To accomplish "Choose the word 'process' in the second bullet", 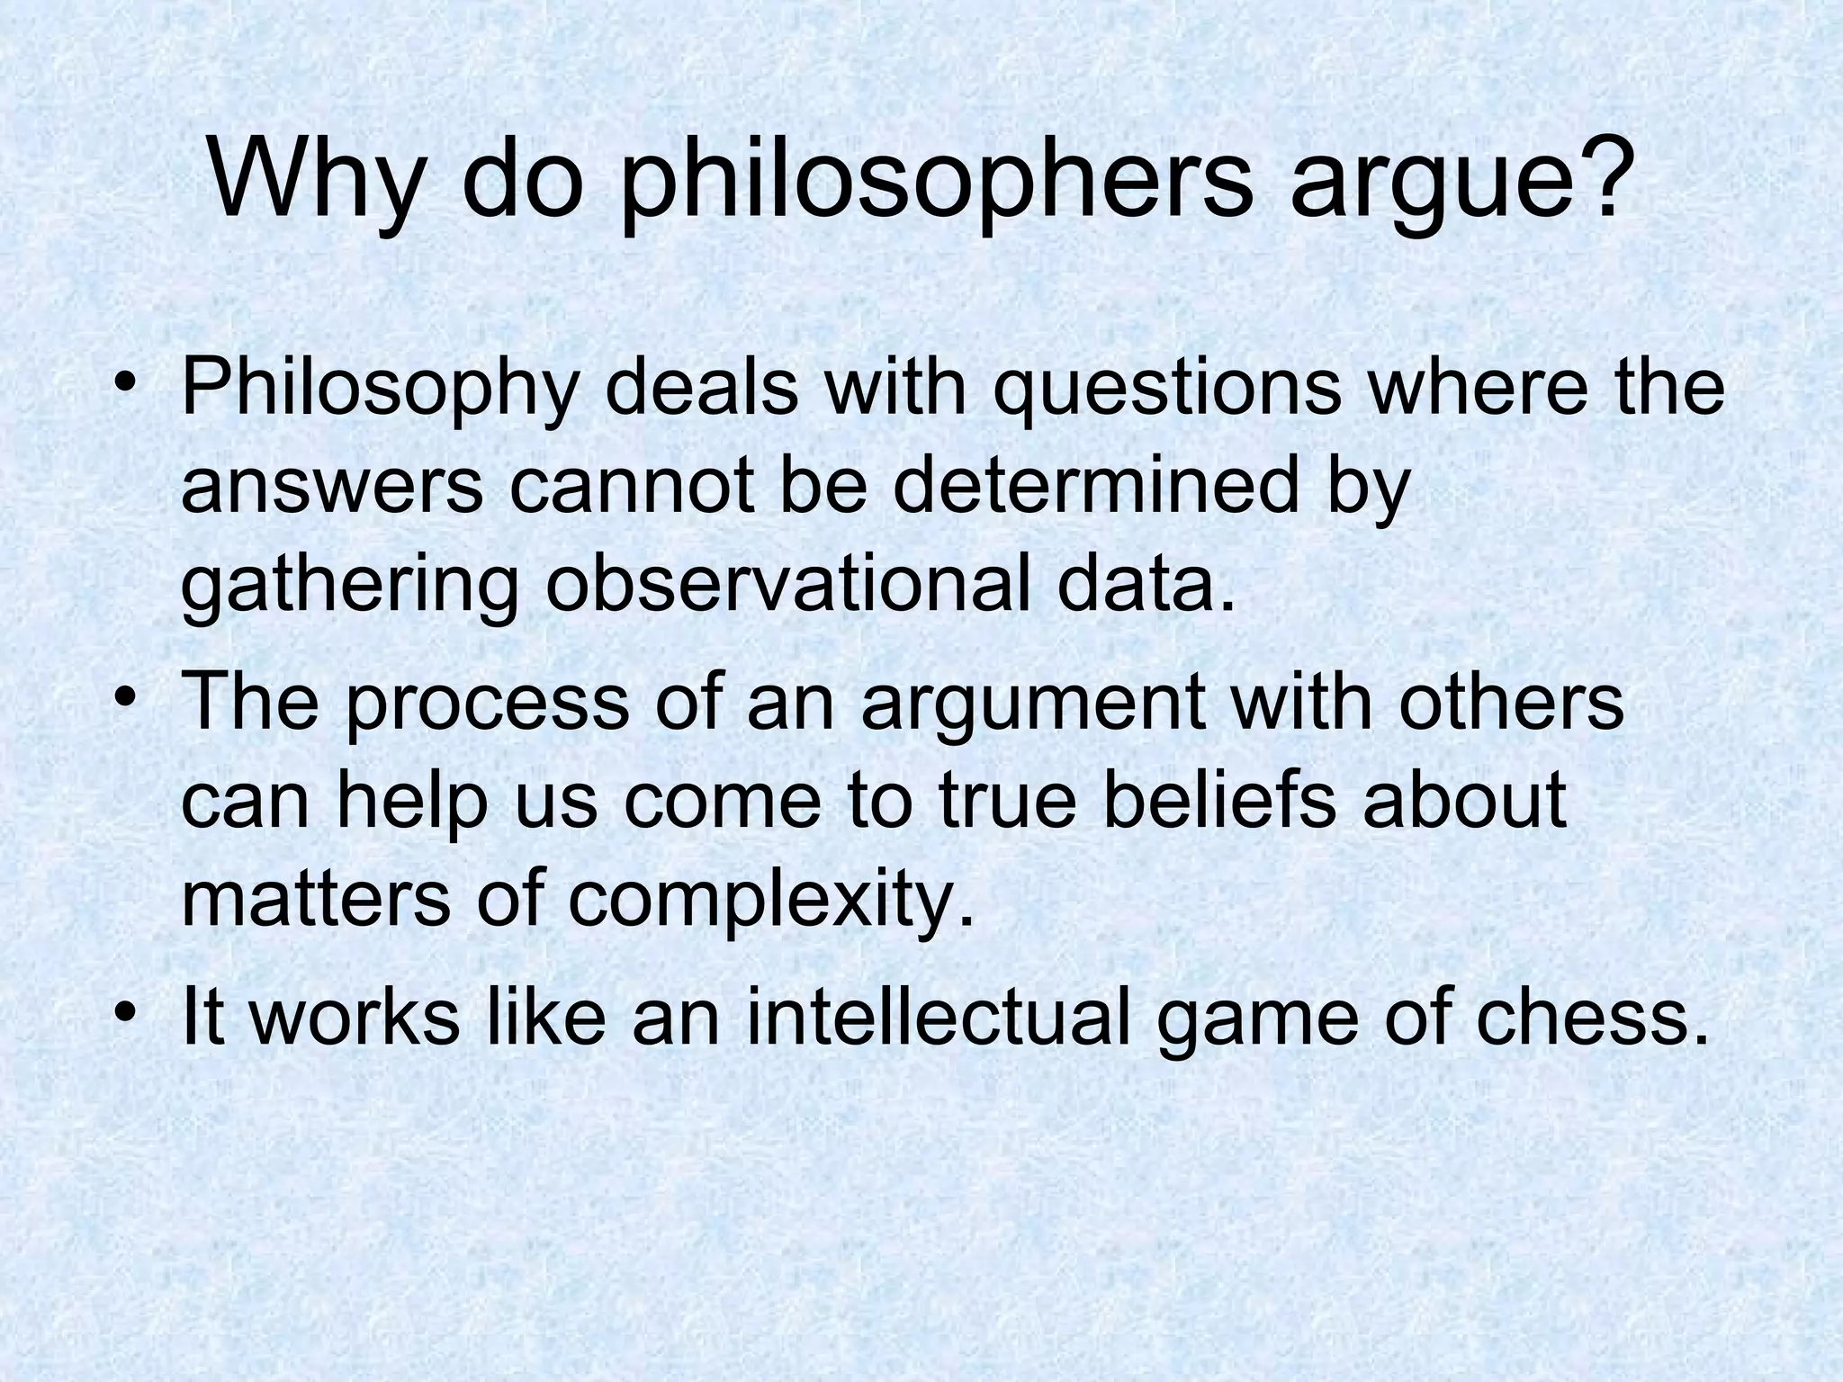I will click(487, 704).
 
